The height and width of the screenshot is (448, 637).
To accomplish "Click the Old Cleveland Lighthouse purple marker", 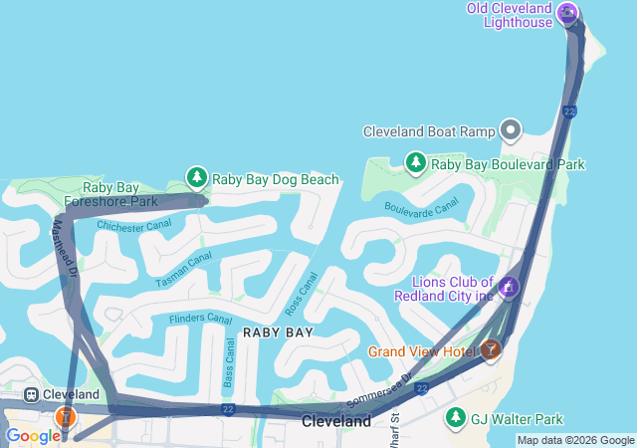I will coord(568,12).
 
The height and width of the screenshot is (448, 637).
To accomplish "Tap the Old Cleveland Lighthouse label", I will coord(510,15).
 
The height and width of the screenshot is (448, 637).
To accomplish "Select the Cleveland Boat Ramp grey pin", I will coord(511,129).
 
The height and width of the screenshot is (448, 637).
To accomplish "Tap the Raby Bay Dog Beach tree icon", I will coord(197,178).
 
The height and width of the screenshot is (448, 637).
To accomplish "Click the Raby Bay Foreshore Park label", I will coord(110,194).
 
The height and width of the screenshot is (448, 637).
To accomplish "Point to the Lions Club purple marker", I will coord(509,288).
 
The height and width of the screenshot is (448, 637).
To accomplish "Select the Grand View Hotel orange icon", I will coord(490,349).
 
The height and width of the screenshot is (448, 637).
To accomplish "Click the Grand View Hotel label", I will coord(421,351).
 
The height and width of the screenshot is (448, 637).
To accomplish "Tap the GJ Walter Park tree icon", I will coord(456,416).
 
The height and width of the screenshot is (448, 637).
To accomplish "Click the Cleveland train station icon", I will coord(31,394).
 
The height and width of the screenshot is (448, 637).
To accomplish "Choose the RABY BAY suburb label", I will coord(279,333).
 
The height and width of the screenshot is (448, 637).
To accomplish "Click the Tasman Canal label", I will coord(184,270).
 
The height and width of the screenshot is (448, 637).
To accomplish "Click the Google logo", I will coord(33,436).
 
